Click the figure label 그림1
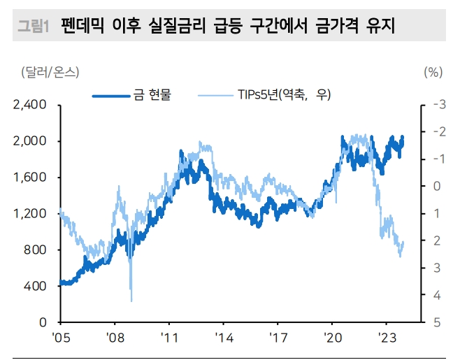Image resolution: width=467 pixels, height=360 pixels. tap(31, 27)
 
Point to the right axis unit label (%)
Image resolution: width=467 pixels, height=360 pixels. tap(433, 72)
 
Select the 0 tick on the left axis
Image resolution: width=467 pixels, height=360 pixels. tap(43, 322)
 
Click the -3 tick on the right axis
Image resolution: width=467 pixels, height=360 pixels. tap(439, 105)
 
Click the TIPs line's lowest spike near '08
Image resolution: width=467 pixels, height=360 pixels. tap(131, 301)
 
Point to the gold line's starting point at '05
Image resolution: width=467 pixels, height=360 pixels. tap(61, 283)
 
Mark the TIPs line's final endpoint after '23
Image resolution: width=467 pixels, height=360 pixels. tap(403, 242)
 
